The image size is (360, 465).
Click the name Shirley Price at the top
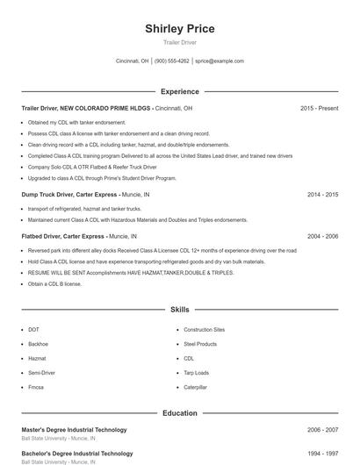tap(179, 29)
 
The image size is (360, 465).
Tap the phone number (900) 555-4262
tap(172, 61)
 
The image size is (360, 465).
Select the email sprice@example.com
tap(220, 61)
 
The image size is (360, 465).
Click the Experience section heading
tap(179, 91)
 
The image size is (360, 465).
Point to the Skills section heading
tap(179, 310)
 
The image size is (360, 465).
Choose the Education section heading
tap(179, 412)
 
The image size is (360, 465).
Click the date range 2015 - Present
tap(319, 108)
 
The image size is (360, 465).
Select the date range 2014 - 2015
tap(322, 194)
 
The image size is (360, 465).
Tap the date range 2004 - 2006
tap(322, 236)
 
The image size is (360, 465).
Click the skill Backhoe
tap(38, 344)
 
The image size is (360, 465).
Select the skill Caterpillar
tap(195, 387)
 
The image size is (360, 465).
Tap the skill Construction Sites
tap(204, 330)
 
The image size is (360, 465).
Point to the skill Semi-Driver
tap(42, 373)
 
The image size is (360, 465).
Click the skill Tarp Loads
tap(197, 373)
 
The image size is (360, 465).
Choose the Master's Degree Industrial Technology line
tap(74, 430)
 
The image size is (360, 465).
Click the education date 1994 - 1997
tap(322, 454)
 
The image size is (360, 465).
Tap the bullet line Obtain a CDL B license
tap(54, 283)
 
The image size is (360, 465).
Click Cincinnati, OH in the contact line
tap(133, 61)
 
